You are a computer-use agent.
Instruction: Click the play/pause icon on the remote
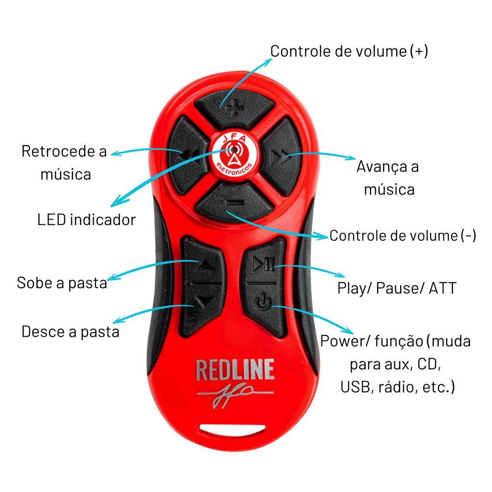coord(264,263)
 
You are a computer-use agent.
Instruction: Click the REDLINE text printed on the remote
coord(235,370)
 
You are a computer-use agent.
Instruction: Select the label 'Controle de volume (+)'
coord(349,51)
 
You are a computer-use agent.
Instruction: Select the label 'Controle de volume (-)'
coord(403,235)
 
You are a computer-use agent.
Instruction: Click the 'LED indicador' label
coord(86,220)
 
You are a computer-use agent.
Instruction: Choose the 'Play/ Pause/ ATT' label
coord(396,288)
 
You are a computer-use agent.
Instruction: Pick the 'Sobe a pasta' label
coord(61,283)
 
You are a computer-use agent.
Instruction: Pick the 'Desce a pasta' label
coord(70,332)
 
